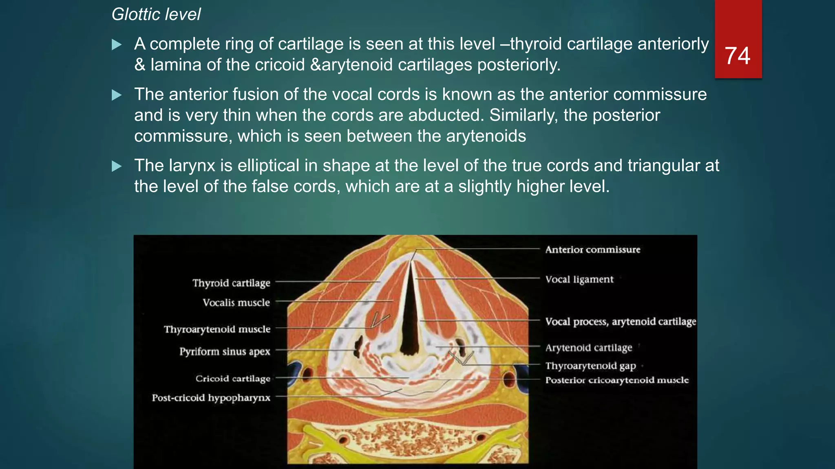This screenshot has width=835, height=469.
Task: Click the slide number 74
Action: [738, 56]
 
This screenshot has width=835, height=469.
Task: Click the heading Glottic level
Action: [156, 15]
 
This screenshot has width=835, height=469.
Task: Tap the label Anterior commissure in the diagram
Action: [593, 250]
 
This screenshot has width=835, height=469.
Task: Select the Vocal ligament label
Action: [579, 279]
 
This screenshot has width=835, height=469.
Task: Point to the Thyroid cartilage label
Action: [231, 283]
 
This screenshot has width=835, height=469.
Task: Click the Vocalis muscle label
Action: [236, 302]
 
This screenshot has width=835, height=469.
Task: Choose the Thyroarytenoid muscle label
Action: [217, 329]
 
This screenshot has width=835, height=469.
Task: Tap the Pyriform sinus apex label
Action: [225, 351]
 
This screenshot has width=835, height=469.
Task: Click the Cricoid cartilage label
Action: [233, 379]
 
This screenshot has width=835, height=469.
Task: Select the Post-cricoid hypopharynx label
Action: [211, 398]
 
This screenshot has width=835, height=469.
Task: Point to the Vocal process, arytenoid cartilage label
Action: [621, 322]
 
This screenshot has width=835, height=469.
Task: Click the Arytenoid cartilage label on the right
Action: [589, 348]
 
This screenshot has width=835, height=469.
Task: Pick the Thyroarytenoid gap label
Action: [591, 366]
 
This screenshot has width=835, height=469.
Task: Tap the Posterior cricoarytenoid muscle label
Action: [617, 380]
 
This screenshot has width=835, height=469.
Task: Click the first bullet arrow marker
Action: [117, 44]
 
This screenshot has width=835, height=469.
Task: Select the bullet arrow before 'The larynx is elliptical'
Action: [117, 166]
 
